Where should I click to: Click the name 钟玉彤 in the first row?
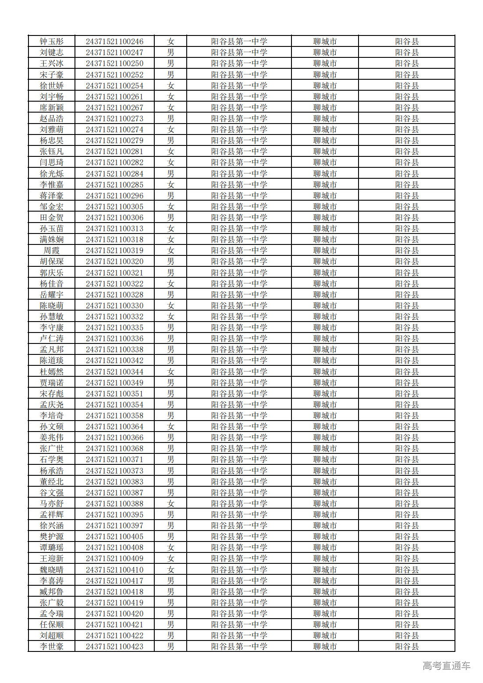52,42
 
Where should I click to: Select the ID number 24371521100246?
114,42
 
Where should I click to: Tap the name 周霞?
52,251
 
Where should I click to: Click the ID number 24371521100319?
114,251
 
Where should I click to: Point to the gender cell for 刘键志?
170,53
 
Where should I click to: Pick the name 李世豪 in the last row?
52,646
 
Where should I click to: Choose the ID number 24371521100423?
114,646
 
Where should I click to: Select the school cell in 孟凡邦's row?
239,350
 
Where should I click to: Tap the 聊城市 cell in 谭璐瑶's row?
325,548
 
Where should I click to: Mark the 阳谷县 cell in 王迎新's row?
407,559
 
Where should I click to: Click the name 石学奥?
52,460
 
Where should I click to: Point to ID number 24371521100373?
114,471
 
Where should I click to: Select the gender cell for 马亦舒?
170,504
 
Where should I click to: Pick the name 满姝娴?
52,240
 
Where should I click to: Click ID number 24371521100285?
114,185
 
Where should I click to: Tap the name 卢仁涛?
52,339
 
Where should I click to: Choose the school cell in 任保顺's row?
239,624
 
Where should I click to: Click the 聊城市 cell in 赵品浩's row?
325,119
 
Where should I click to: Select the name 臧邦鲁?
52,591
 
